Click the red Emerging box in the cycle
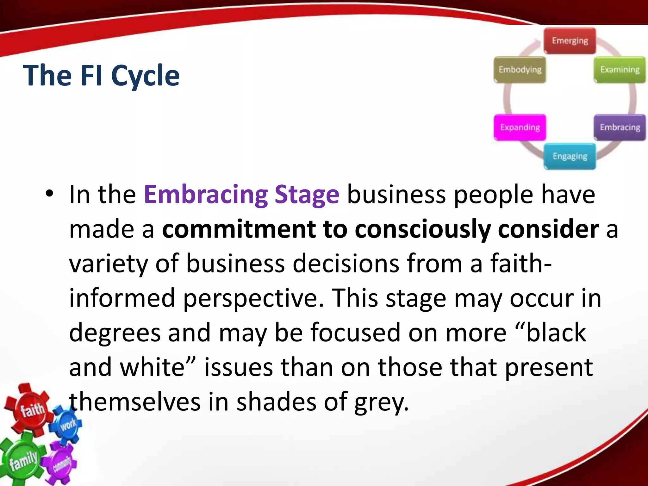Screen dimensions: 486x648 tap(570, 41)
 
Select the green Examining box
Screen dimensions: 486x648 tap(620, 70)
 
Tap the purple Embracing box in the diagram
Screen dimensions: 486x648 tap(620, 127)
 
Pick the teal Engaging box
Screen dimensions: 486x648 tap(570, 156)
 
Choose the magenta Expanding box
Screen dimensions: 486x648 tap(520, 127)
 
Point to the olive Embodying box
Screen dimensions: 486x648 tap(520, 70)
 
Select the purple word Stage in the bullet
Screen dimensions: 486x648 tap(307, 194)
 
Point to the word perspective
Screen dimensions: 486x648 tap(253, 298)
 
